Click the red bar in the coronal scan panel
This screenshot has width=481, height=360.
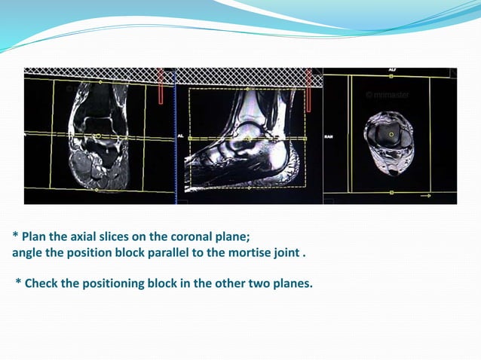[x=160, y=86]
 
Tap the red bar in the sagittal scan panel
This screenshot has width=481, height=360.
[x=308, y=86]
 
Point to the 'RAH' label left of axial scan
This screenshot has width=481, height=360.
[x=329, y=136]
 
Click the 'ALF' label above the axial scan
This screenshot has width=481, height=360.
[x=392, y=69]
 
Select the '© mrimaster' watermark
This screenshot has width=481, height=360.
[x=387, y=95]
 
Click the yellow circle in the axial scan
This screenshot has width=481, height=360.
[x=391, y=134]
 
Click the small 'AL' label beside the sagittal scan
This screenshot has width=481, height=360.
[x=181, y=136]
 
